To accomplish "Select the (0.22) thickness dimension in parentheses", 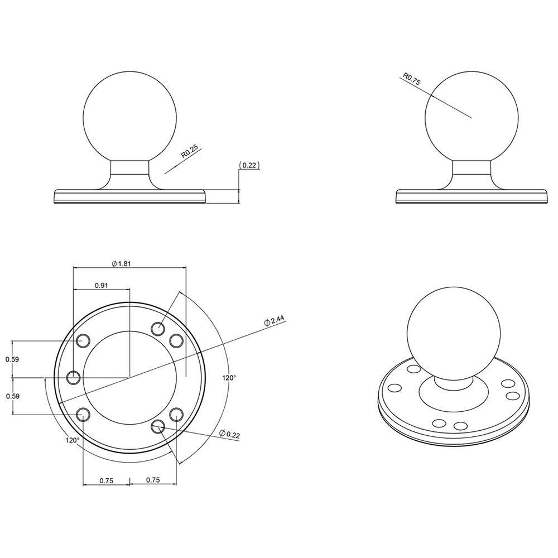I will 249,165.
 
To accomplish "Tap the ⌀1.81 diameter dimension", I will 121,263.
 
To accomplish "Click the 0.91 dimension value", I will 102,285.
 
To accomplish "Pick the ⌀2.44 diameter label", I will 275,321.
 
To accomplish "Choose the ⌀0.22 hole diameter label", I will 230,434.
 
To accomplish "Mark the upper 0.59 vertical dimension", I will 12,359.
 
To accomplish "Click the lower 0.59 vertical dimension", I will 12,396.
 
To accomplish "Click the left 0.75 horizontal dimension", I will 107,480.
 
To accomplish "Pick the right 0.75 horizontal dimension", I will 154,480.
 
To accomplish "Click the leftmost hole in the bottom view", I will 73,378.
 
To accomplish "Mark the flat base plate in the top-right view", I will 472,197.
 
